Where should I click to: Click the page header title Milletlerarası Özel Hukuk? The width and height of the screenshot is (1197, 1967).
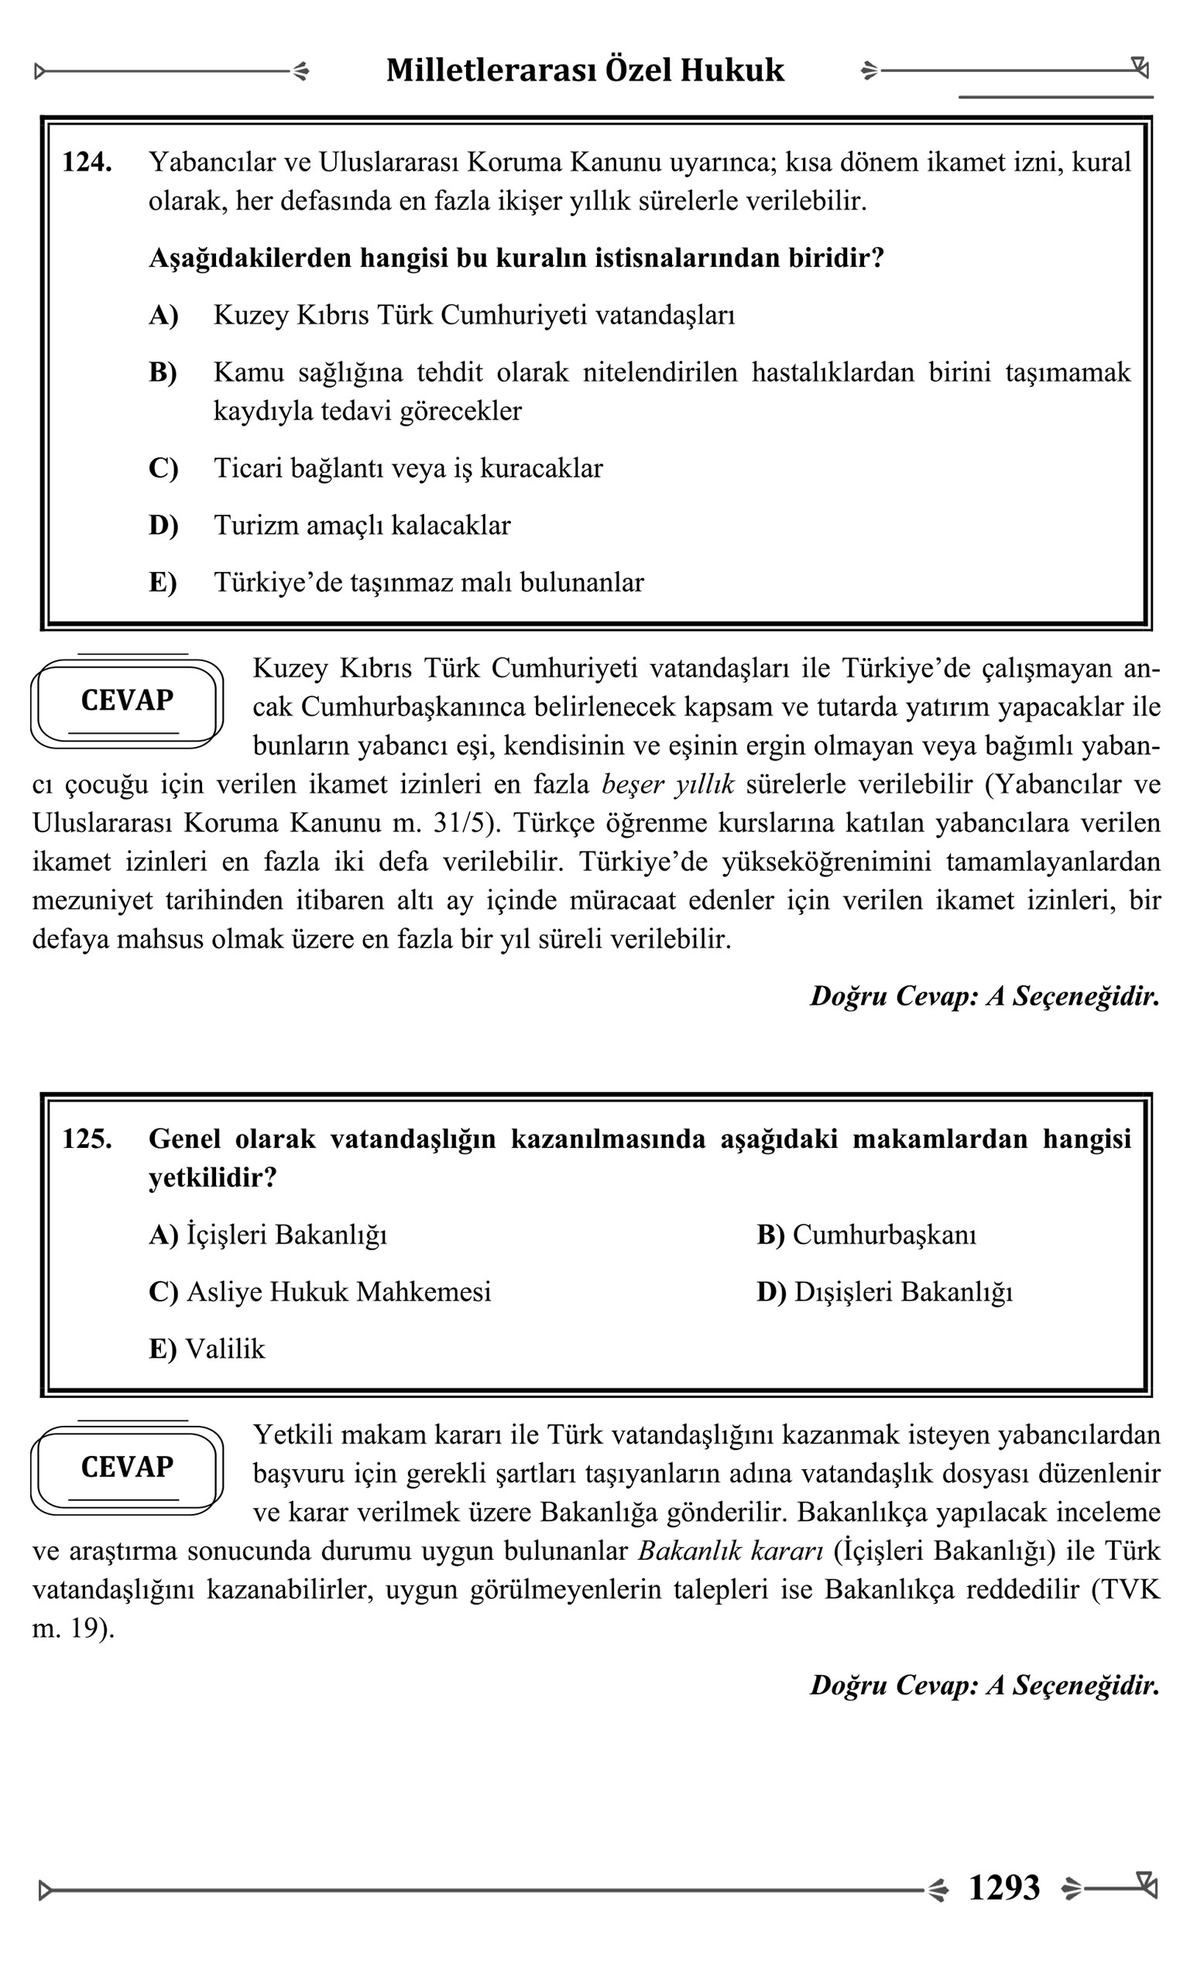tap(585, 70)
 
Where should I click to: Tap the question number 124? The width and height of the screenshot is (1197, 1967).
tap(86, 162)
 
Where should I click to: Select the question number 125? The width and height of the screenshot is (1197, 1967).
tap(86, 1139)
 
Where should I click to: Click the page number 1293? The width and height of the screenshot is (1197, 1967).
tap(1003, 1889)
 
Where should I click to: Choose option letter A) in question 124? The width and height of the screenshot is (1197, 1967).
tap(163, 315)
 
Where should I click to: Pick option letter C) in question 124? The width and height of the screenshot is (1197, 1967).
tap(163, 468)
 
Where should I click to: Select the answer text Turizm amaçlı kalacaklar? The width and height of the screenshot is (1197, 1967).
tap(362, 526)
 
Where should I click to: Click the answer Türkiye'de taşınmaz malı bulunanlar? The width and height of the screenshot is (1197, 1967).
tap(428, 583)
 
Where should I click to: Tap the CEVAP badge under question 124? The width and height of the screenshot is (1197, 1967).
tap(127, 701)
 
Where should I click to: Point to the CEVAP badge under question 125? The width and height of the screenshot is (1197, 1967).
tap(127, 1467)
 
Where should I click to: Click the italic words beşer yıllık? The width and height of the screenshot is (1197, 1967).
tap(667, 785)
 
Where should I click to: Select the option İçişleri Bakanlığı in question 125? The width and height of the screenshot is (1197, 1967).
tap(286, 1235)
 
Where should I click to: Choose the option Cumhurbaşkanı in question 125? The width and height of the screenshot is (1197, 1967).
tap(884, 1235)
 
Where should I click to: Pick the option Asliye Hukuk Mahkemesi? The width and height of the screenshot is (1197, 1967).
tap(338, 1292)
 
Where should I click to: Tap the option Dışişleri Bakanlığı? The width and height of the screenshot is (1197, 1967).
tap(902, 1292)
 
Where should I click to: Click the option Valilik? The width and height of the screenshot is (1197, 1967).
tap(225, 1349)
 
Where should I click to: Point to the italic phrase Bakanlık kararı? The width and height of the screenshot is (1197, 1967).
tap(730, 1551)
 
